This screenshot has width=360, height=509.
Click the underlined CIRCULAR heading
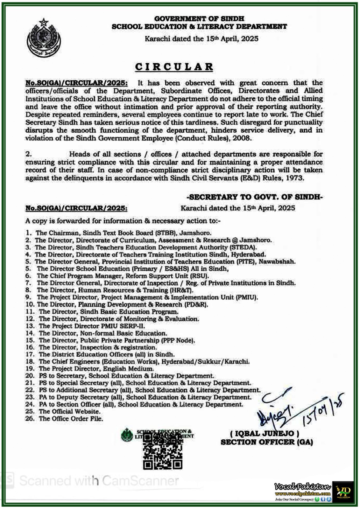(174, 67)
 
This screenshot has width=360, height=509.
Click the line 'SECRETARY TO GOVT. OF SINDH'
(255, 197)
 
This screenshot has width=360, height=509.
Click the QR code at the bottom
(163, 452)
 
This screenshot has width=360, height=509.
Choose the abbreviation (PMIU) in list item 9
(247, 297)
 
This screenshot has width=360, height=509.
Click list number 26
(30, 419)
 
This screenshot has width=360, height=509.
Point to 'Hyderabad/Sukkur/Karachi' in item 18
(205, 362)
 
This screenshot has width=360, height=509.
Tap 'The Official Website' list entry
(69, 412)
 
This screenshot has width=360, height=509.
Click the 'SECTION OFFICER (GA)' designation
(267, 442)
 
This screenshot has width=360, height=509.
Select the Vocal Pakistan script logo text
(303, 487)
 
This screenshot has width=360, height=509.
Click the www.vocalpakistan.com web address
(303, 494)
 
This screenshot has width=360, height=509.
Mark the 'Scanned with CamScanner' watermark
(99, 480)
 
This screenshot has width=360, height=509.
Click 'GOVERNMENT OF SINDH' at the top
(199, 19)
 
